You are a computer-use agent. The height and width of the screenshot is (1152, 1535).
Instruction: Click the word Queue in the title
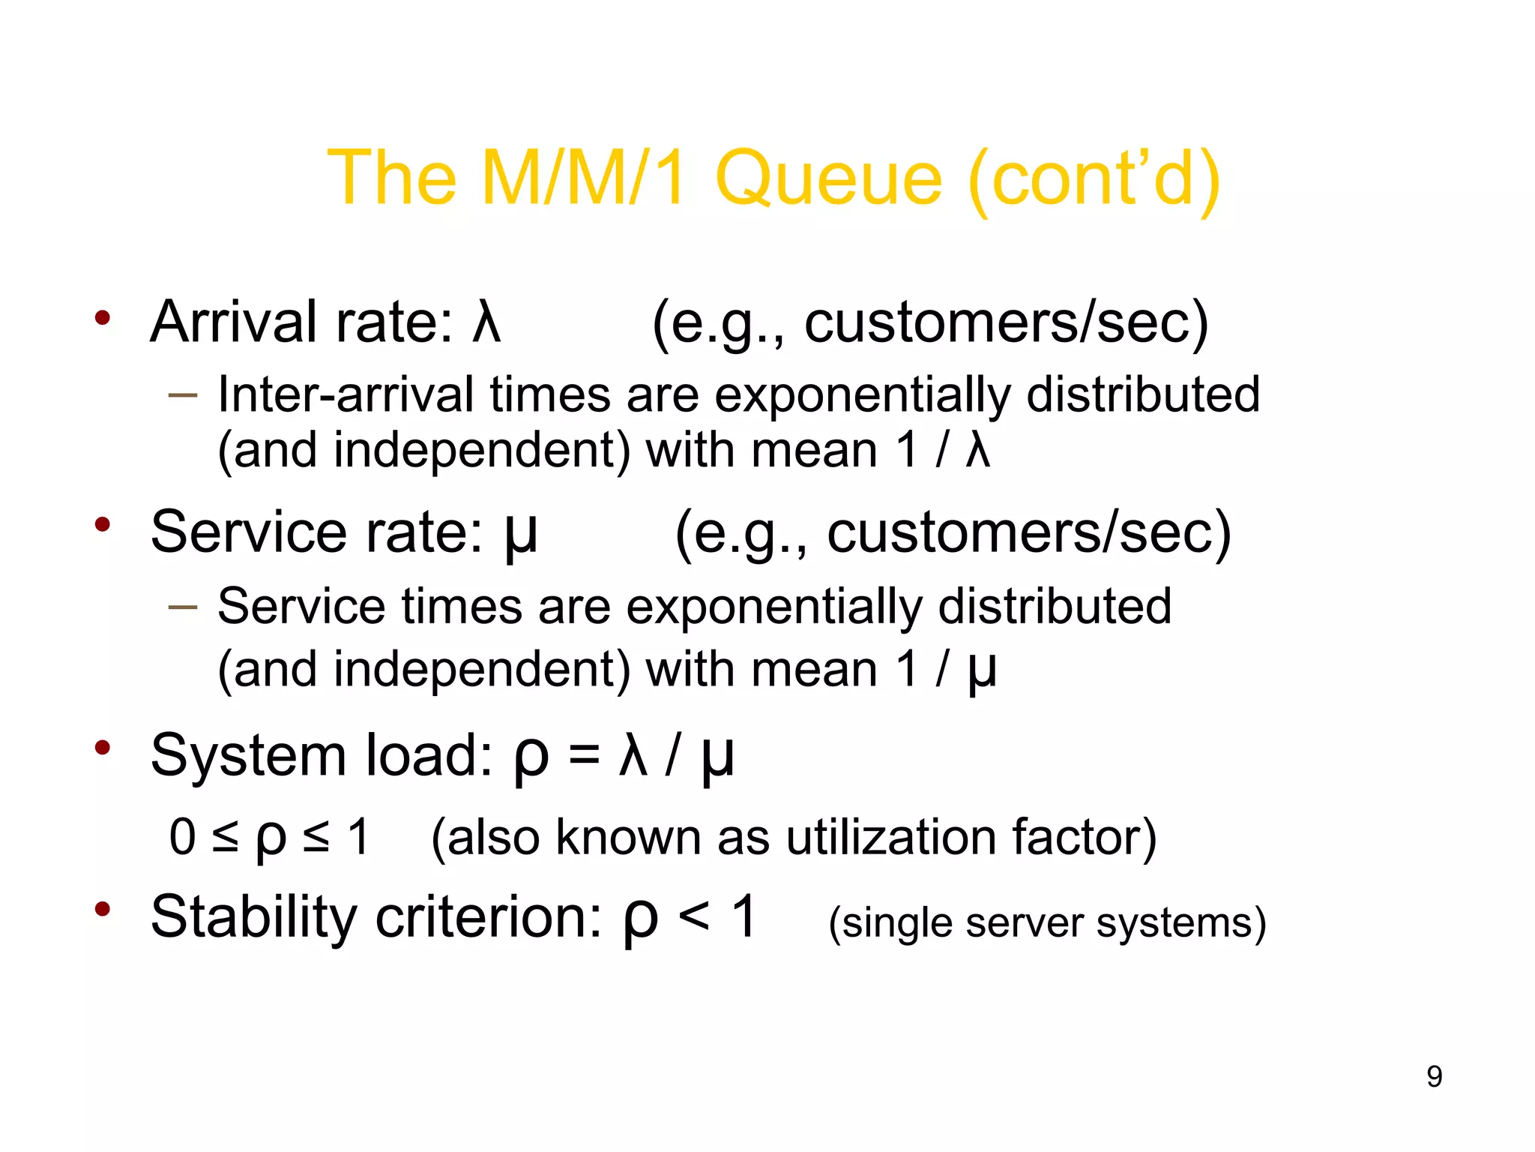click(828, 178)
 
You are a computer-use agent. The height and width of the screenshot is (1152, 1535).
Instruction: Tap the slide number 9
click(1434, 1076)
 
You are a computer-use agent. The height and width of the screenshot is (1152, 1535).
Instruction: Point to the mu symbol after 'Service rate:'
click(520, 534)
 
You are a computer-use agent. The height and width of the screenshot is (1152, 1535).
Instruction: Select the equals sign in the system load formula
click(584, 756)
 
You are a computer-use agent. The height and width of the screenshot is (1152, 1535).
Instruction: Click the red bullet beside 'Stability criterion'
click(103, 909)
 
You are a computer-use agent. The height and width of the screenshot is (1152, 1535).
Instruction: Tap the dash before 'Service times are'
click(182, 606)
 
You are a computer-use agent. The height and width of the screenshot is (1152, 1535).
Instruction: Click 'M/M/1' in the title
click(582, 178)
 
